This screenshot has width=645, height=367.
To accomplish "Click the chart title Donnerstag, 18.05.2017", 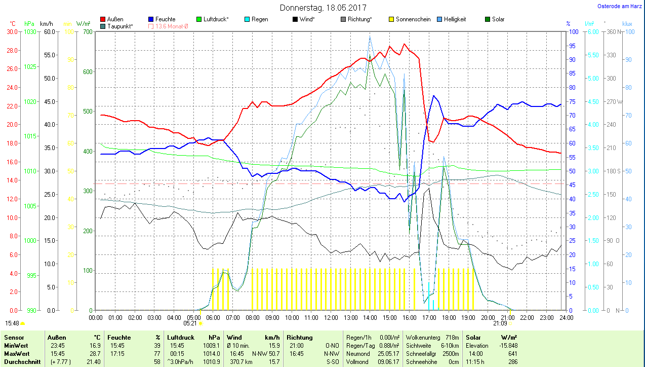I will (x=323, y=8).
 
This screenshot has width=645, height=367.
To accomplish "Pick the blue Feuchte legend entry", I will (x=165, y=19).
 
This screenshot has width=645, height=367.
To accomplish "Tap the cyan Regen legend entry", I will (x=260, y=19).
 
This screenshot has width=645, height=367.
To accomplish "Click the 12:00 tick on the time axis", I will (x=331, y=317).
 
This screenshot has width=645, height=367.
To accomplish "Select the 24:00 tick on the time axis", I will (x=566, y=317).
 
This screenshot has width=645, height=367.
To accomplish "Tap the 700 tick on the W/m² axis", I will (x=88, y=32).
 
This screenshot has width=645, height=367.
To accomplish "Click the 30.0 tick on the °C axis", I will (x=12, y=32).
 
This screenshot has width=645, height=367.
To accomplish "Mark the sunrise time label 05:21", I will (x=190, y=323).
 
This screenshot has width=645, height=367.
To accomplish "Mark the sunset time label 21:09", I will (x=500, y=323).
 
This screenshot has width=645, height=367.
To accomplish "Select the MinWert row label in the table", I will (x=16, y=346).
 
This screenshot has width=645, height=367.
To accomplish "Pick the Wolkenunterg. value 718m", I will (x=452, y=338).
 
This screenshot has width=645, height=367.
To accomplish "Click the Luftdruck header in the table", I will (x=181, y=338).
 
